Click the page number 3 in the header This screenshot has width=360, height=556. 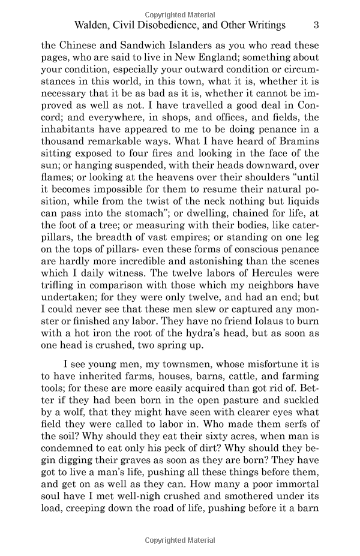click(x=316, y=25)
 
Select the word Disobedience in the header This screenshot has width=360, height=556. click(x=178, y=25)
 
